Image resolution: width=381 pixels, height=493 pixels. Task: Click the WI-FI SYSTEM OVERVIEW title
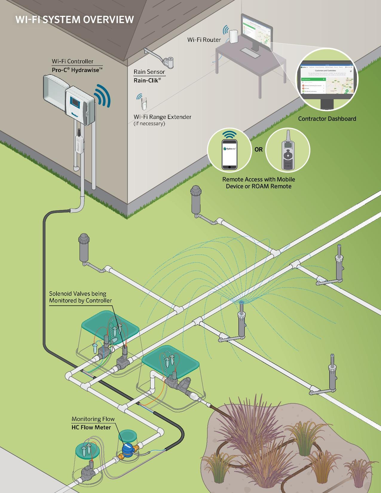click(74, 20)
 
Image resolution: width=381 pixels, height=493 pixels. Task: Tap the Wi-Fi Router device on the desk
click(233, 37)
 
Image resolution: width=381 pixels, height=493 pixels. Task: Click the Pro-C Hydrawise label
click(77, 70)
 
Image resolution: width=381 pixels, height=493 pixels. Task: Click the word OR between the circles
click(258, 149)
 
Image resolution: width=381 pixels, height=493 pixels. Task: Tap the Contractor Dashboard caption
click(327, 119)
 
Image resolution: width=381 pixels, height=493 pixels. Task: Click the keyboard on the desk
click(250, 53)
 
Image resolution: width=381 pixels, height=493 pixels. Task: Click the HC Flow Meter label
click(91, 427)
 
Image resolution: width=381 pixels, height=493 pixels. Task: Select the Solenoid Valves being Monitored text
click(80, 297)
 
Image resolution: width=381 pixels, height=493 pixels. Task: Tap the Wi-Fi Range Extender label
click(162, 117)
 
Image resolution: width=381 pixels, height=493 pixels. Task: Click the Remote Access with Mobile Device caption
click(258, 183)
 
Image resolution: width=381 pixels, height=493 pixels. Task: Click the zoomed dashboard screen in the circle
click(327, 79)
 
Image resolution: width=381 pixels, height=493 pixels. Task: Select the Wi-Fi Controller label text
click(73, 61)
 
